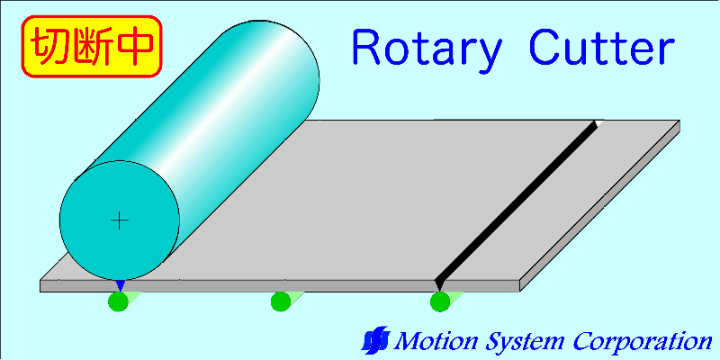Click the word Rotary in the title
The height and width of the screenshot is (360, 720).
[x=427, y=49]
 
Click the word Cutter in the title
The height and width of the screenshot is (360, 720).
[x=602, y=47]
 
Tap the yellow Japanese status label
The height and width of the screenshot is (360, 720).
[x=92, y=46]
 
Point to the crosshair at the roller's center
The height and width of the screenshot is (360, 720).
[x=120, y=220]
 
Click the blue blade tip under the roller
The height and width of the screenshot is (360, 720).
[x=120, y=284]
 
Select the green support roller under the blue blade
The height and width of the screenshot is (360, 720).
[x=118, y=301]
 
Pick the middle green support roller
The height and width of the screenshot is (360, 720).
[x=280, y=301]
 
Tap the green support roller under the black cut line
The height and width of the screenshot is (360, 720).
[x=440, y=301]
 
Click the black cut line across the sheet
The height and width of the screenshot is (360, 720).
[x=516, y=204]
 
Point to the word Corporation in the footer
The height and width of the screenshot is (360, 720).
[x=641, y=342]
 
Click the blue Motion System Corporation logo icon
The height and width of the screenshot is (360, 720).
[x=375, y=340]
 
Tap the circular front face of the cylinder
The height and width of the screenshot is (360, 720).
[x=120, y=220]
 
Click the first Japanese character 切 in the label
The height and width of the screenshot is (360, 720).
[x=49, y=46]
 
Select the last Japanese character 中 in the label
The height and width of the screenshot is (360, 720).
[x=135, y=46]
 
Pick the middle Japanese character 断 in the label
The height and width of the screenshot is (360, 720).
[x=92, y=46]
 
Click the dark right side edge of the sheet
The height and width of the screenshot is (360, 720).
[x=599, y=206]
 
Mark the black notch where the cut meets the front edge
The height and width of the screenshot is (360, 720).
[x=439, y=285]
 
